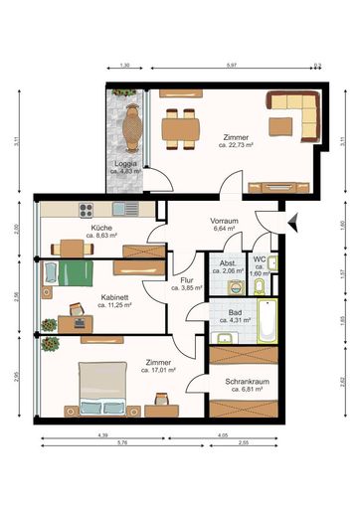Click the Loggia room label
(x=124, y=162)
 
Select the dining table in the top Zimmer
(x=181, y=126)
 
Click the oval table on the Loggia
(x=126, y=126)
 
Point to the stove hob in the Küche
(x=86, y=210)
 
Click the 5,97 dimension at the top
(x=231, y=66)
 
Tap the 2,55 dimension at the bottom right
(x=270, y=444)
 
